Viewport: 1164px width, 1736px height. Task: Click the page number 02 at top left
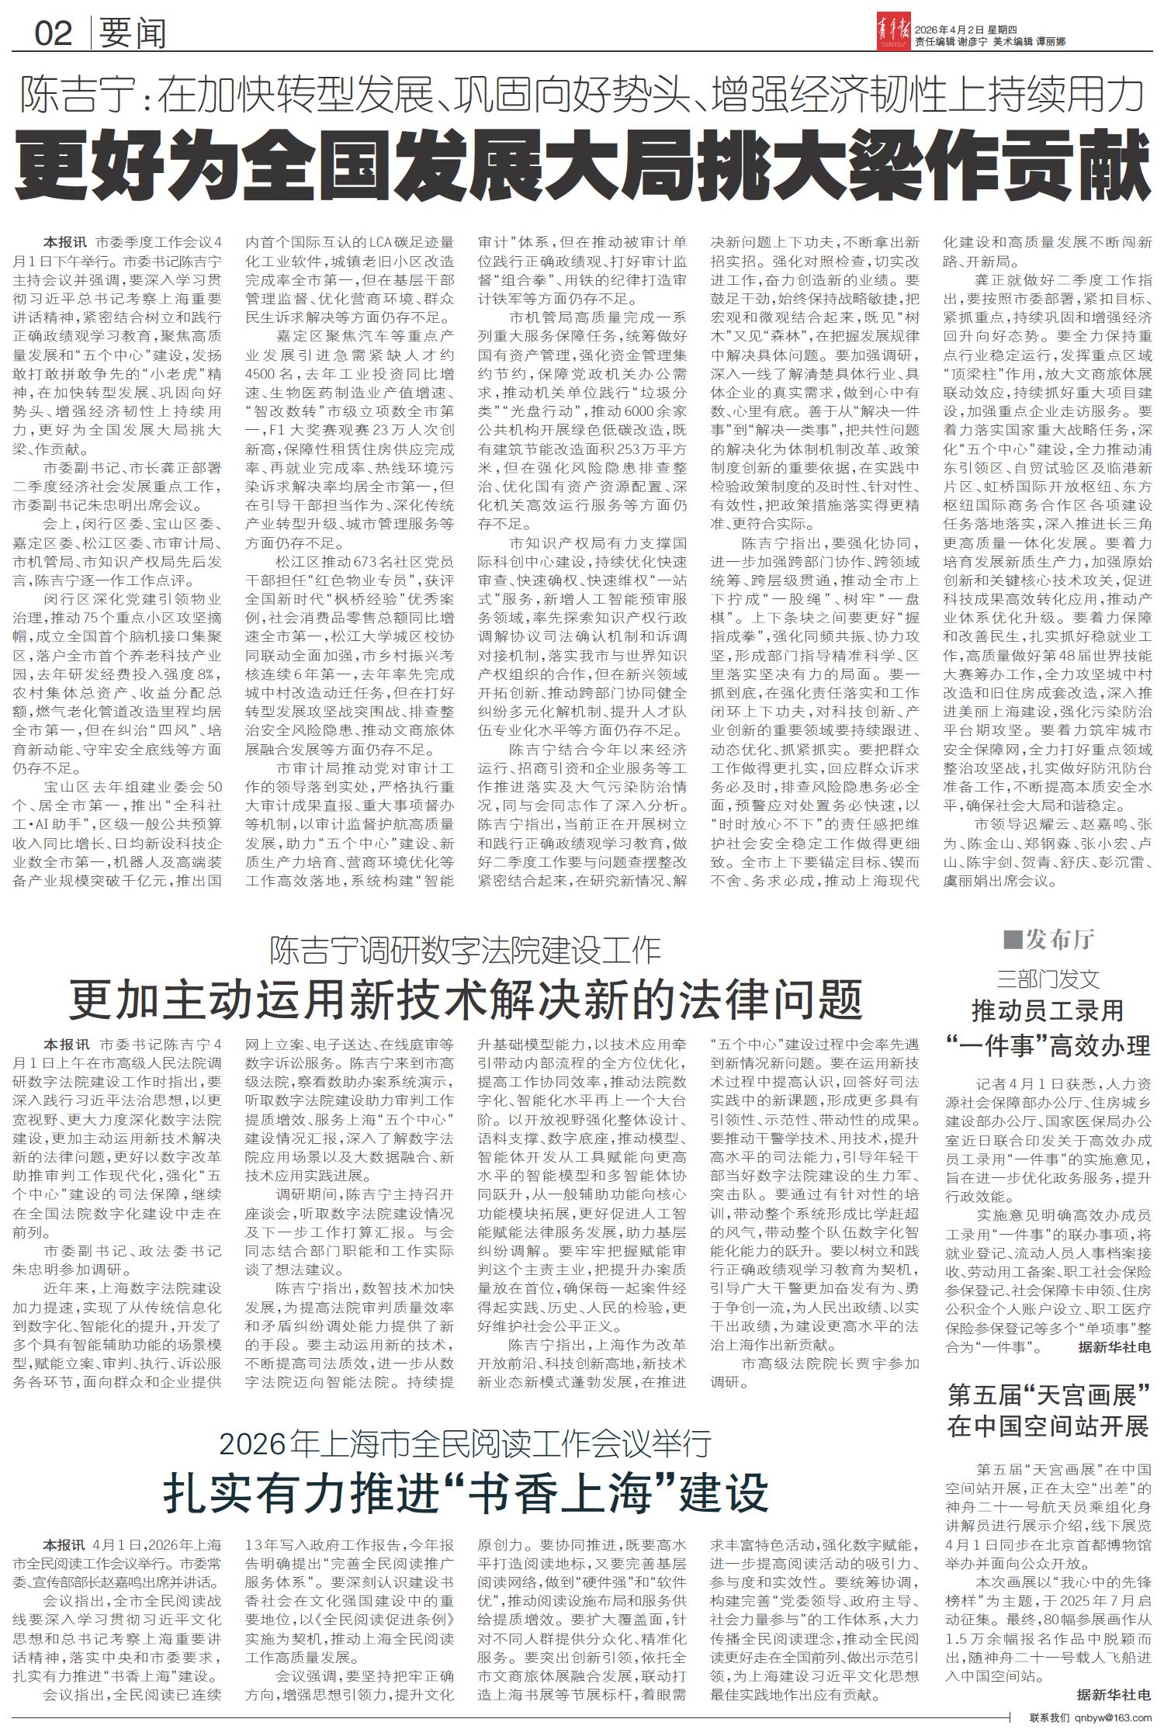point(53,33)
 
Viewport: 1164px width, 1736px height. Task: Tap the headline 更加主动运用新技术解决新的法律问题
point(466,999)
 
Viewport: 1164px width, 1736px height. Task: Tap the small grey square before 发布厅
point(1012,941)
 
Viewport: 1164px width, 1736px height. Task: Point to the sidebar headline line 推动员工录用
point(1048,1010)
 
